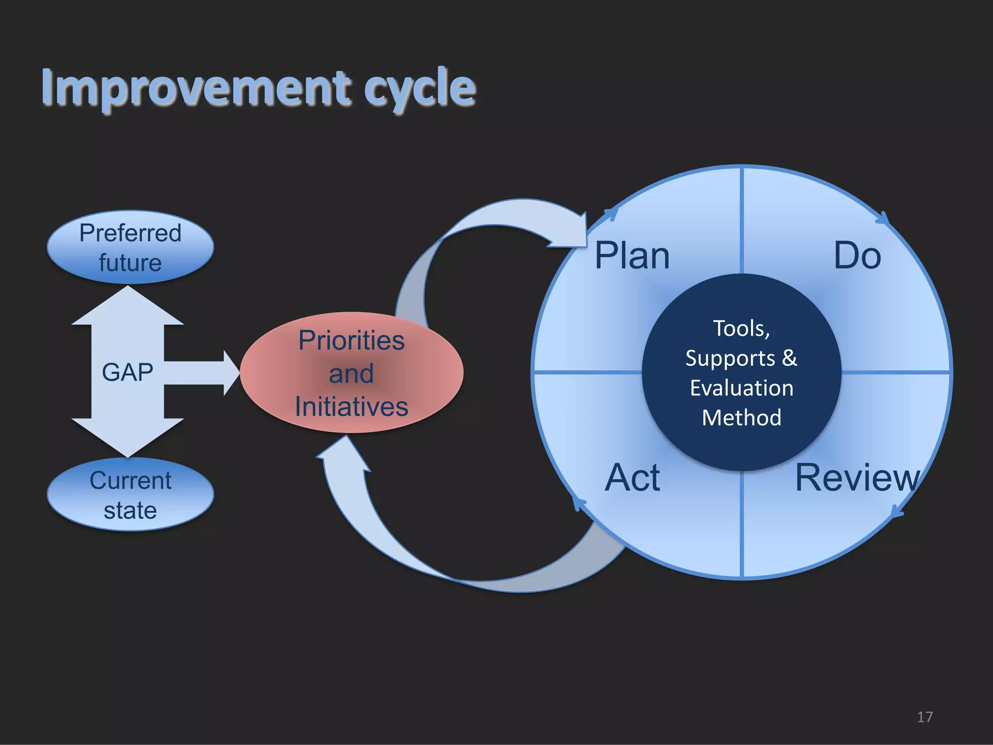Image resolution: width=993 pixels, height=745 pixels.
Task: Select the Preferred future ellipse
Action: pos(130,247)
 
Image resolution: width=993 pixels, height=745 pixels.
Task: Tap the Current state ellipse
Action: pos(130,495)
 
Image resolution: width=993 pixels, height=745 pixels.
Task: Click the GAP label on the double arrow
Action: pos(128,372)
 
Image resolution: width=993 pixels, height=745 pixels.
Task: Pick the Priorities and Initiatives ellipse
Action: pos(352,372)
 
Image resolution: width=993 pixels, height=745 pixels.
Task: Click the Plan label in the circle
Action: pos(632,256)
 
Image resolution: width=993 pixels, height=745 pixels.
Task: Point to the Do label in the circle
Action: pos(857,256)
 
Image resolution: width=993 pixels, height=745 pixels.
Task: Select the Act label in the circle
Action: pos(632,478)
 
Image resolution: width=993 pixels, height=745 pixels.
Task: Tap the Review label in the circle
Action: pos(857,478)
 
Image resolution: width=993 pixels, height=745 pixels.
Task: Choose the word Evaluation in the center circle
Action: pos(742,388)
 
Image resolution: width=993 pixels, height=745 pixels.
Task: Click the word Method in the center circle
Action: pos(742,418)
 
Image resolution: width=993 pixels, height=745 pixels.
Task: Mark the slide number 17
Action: pos(925,717)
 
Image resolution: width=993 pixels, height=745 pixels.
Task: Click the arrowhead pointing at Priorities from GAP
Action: pos(231,372)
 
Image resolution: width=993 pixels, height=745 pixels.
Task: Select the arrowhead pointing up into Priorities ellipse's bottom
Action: pos(344,451)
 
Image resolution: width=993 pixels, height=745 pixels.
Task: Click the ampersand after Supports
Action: pos(789,358)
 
